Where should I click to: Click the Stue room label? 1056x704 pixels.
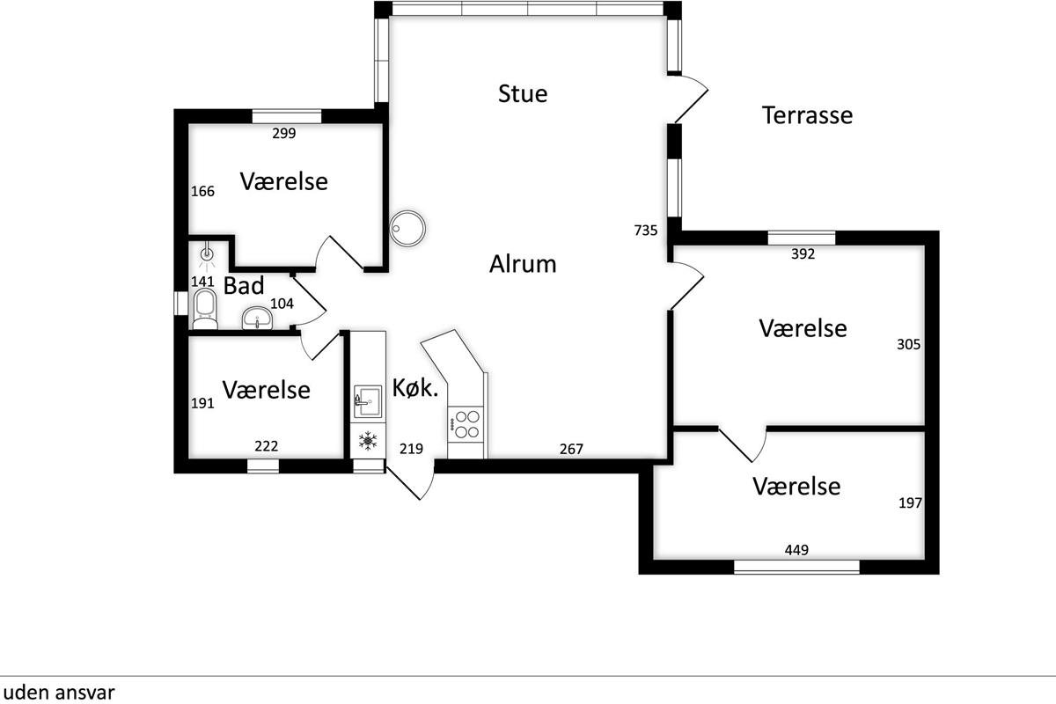click(x=523, y=93)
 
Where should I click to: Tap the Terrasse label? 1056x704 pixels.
click(x=807, y=115)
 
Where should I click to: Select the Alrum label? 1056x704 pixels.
click(x=523, y=264)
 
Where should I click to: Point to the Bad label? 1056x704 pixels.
click(x=243, y=285)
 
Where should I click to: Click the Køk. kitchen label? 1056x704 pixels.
click(x=415, y=387)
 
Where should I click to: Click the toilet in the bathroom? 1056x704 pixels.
click(x=205, y=309)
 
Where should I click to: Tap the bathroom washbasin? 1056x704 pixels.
click(x=257, y=318)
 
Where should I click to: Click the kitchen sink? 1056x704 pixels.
click(x=368, y=401)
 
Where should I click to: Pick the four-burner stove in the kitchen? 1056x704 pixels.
click(x=466, y=424)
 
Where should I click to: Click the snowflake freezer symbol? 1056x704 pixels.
click(x=368, y=441)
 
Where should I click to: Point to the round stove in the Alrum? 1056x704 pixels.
click(x=407, y=228)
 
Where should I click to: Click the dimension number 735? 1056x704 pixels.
click(x=646, y=230)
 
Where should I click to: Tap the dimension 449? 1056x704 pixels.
click(x=796, y=550)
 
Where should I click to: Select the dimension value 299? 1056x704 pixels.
click(x=283, y=134)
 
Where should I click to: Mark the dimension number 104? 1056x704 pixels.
click(x=282, y=304)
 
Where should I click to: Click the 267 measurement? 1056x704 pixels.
click(x=571, y=449)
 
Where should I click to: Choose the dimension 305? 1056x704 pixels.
click(x=908, y=344)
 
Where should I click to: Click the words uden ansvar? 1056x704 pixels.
click(x=59, y=693)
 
